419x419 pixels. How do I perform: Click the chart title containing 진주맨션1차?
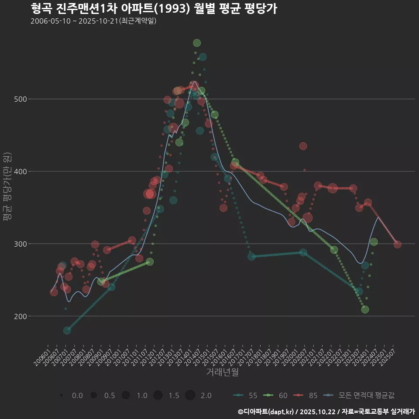[154, 9]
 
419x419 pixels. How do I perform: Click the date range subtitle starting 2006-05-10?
[93, 21]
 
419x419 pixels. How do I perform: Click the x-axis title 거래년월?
[222, 372]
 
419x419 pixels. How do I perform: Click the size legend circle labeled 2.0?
[190, 395]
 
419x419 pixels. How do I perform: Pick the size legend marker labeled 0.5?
[93, 395]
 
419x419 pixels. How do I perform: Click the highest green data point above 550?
[197, 43]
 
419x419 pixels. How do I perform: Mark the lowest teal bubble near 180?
[67, 330]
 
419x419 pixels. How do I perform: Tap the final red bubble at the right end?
[397, 244]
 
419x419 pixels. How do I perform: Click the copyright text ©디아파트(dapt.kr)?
[266, 412]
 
